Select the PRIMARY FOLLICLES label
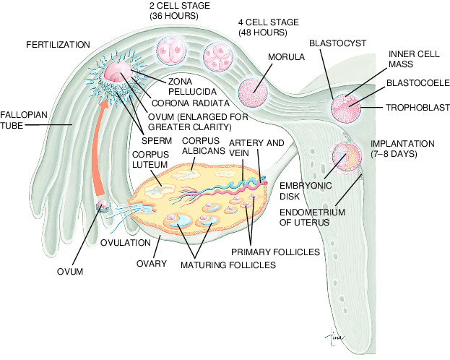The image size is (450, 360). pos(276,252)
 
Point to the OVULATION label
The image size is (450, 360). pos(126,242)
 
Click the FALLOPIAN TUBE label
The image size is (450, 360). pos(17,120)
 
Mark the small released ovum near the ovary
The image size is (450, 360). pos(104,207)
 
